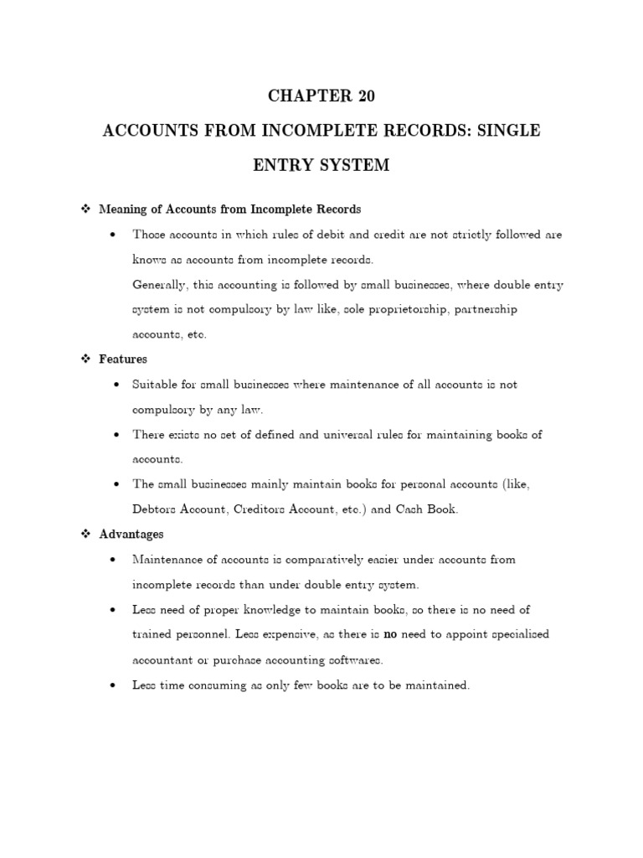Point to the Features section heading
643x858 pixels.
coord(123,359)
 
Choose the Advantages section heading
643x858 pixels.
coord(131,534)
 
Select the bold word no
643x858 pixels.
coord(389,634)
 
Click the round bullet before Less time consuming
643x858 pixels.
coord(112,685)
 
